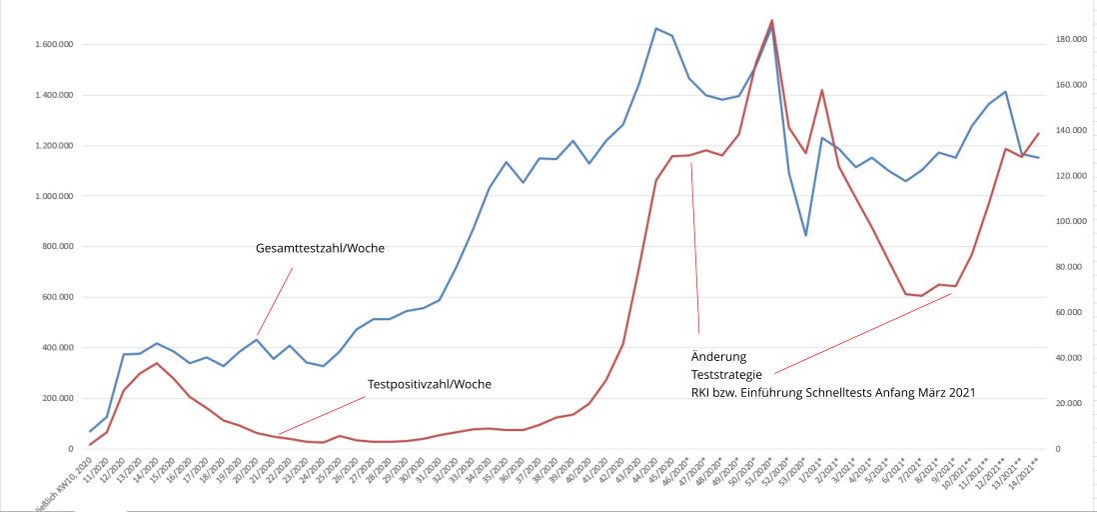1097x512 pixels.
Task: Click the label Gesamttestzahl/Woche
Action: [x=320, y=249]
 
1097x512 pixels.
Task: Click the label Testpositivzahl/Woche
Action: [x=430, y=384]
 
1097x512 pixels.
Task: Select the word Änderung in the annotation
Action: [x=718, y=357]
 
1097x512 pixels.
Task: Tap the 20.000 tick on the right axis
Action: [x=1069, y=403]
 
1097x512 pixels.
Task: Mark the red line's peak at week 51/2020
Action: [x=772, y=20]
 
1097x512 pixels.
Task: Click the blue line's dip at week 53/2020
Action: [x=805, y=235]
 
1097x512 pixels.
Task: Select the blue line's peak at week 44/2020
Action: [x=655, y=28]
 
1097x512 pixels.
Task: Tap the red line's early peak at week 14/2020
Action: [x=157, y=363]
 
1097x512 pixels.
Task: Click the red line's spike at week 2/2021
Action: [x=821, y=90]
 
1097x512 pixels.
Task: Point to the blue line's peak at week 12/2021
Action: [x=1005, y=92]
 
